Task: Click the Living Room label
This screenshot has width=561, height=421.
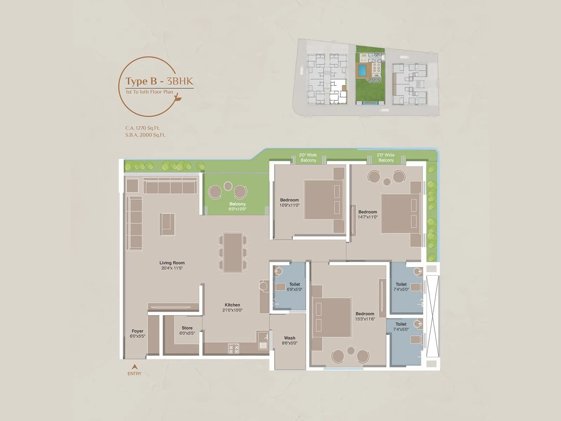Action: point(172,265)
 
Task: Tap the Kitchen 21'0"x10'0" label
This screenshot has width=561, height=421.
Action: point(232,307)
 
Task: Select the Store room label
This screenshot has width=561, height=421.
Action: point(187,330)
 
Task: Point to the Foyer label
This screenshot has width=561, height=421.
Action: point(137,333)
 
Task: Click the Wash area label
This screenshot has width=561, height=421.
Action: point(290,340)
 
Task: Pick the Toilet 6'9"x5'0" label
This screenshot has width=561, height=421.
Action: point(295,287)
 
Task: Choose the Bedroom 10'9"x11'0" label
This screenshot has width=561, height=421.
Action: point(289,202)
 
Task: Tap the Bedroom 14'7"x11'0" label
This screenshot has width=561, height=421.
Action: point(367,214)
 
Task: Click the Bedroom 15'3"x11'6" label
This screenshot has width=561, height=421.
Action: point(365,316)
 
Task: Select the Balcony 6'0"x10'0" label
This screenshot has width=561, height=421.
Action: point(237,206)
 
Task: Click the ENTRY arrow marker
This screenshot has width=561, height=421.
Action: point(134,367)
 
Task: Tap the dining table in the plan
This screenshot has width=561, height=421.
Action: point(233,253)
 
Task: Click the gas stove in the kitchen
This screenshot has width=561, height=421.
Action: point(234,348)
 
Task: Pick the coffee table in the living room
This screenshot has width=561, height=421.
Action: point(167,224)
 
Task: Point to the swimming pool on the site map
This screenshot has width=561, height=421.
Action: point(361,71)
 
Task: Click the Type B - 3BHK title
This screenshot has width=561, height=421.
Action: point(159,81)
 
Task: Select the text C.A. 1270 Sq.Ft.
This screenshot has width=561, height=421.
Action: point(142,128)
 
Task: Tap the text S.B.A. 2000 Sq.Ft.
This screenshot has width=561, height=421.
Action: point(145,135)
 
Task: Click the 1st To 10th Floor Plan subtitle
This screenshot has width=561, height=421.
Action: point(149,92)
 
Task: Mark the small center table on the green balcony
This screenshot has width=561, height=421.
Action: point(228,186)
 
